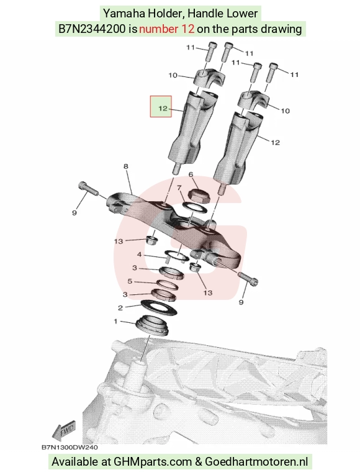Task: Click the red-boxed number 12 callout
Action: [x=161, y=106]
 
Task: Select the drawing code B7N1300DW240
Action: [x=70, y=447]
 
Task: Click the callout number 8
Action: [x=125, y=166]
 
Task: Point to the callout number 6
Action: [x=191, y=174]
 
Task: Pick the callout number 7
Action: [x=179, y=188]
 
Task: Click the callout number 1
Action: [x=115, y=321]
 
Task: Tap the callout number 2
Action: [x=120, y=308]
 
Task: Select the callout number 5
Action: [x=130, y=281]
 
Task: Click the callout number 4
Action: [x=139, y=255]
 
